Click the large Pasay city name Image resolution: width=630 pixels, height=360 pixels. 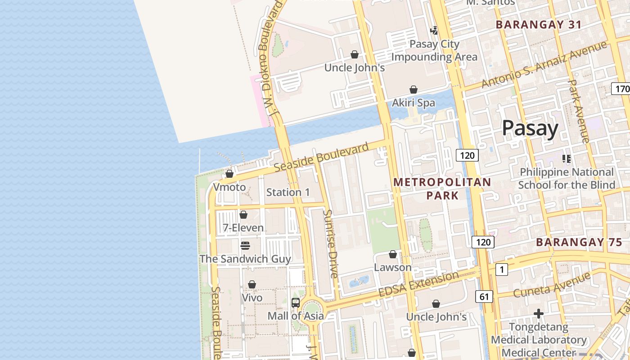(x=530, y=128)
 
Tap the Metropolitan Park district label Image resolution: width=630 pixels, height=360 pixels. (x=442, y=189)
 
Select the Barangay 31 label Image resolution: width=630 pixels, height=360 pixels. (x=539, y=25)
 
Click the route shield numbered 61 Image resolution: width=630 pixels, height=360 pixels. (x=484, y=296)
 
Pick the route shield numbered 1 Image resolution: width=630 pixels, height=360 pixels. (x=501, y=270)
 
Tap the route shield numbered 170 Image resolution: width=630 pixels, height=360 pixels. (x=621, y=89)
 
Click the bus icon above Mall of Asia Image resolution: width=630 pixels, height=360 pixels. (x=295, y=303)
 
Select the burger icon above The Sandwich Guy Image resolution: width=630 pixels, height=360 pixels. (x=245, y=246)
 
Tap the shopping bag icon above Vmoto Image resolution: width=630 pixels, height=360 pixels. (x=229, y=174)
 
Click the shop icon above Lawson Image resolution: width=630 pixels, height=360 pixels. (x=393, y=254)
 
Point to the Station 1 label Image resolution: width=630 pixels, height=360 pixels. (x=288, y=192)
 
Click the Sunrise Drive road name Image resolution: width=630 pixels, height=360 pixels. (x=331, y=243)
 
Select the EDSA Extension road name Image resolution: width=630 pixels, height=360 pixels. (x=418, y=284)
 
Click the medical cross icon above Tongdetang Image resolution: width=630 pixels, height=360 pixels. (x=538, y=313)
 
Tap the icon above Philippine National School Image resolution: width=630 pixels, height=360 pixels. (x=566, y=158)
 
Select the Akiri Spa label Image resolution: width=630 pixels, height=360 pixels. (x=414, y=103)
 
